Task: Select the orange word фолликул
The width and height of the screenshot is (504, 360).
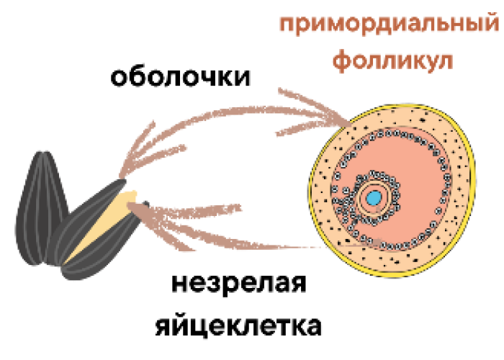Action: click(392, 60)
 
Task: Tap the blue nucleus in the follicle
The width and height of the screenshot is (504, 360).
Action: click(373, 197)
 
